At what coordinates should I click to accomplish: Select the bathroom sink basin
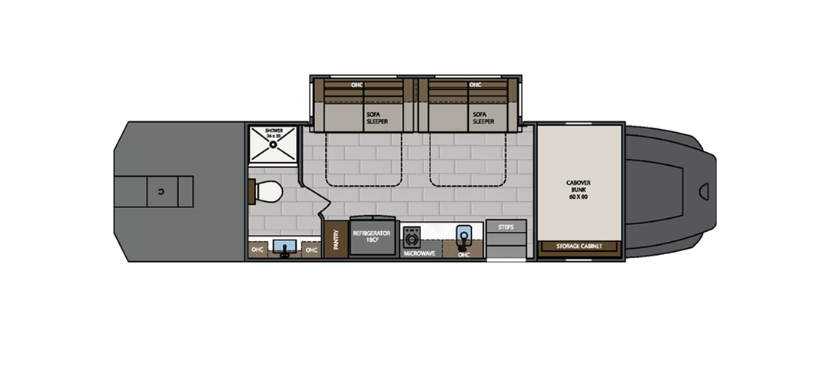[284, 247]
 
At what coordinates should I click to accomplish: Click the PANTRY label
[335, 240]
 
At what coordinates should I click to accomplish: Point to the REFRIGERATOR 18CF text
[372, 235]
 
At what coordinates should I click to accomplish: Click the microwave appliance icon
[412, 235]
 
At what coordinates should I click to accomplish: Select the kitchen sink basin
[463, 234]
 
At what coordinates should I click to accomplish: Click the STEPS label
[506, 227]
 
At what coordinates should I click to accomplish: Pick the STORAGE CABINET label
[579, 246]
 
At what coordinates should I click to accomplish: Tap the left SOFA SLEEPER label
[376, 117]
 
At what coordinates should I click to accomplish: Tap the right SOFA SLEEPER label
[483, 117]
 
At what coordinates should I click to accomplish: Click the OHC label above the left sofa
[357, 84]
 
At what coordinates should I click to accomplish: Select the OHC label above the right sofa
[475, 84]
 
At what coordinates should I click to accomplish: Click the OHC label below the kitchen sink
[463, 254]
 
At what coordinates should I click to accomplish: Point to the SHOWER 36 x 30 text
[274, 134]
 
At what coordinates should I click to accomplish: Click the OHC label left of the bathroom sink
[258, 250]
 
